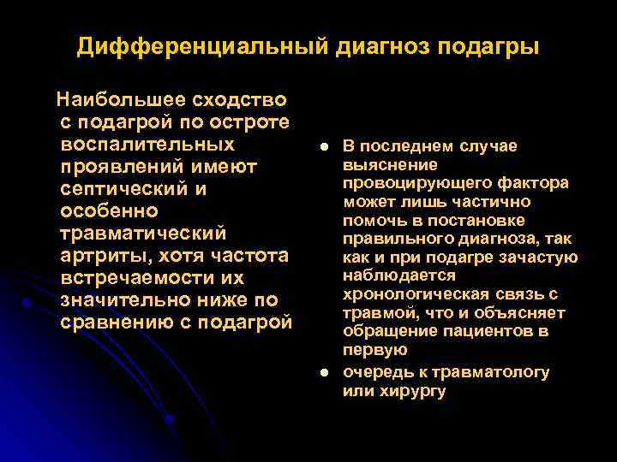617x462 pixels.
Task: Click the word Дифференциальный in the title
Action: pos(201,46)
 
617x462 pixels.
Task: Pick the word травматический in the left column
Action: pos(143,233)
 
